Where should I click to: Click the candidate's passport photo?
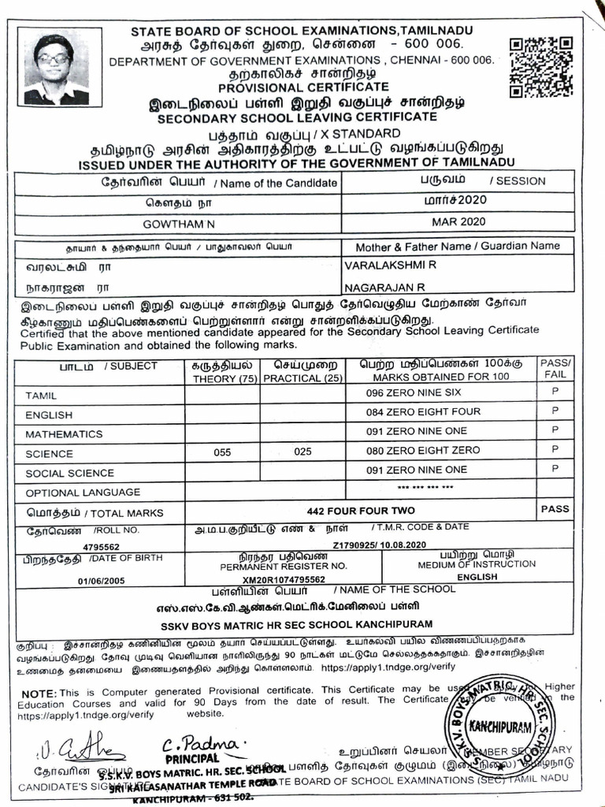point(56,69)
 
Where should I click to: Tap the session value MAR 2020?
point(459,222)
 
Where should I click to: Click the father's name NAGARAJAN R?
point(385,287)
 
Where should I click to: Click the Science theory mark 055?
point(223,452)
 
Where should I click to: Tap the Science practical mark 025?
point(302,452)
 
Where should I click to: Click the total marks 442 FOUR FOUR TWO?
point(355,510)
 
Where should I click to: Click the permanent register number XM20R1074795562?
point(283,579)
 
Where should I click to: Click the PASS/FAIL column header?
point(555,368)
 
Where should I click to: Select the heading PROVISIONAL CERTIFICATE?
point(303,87)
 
